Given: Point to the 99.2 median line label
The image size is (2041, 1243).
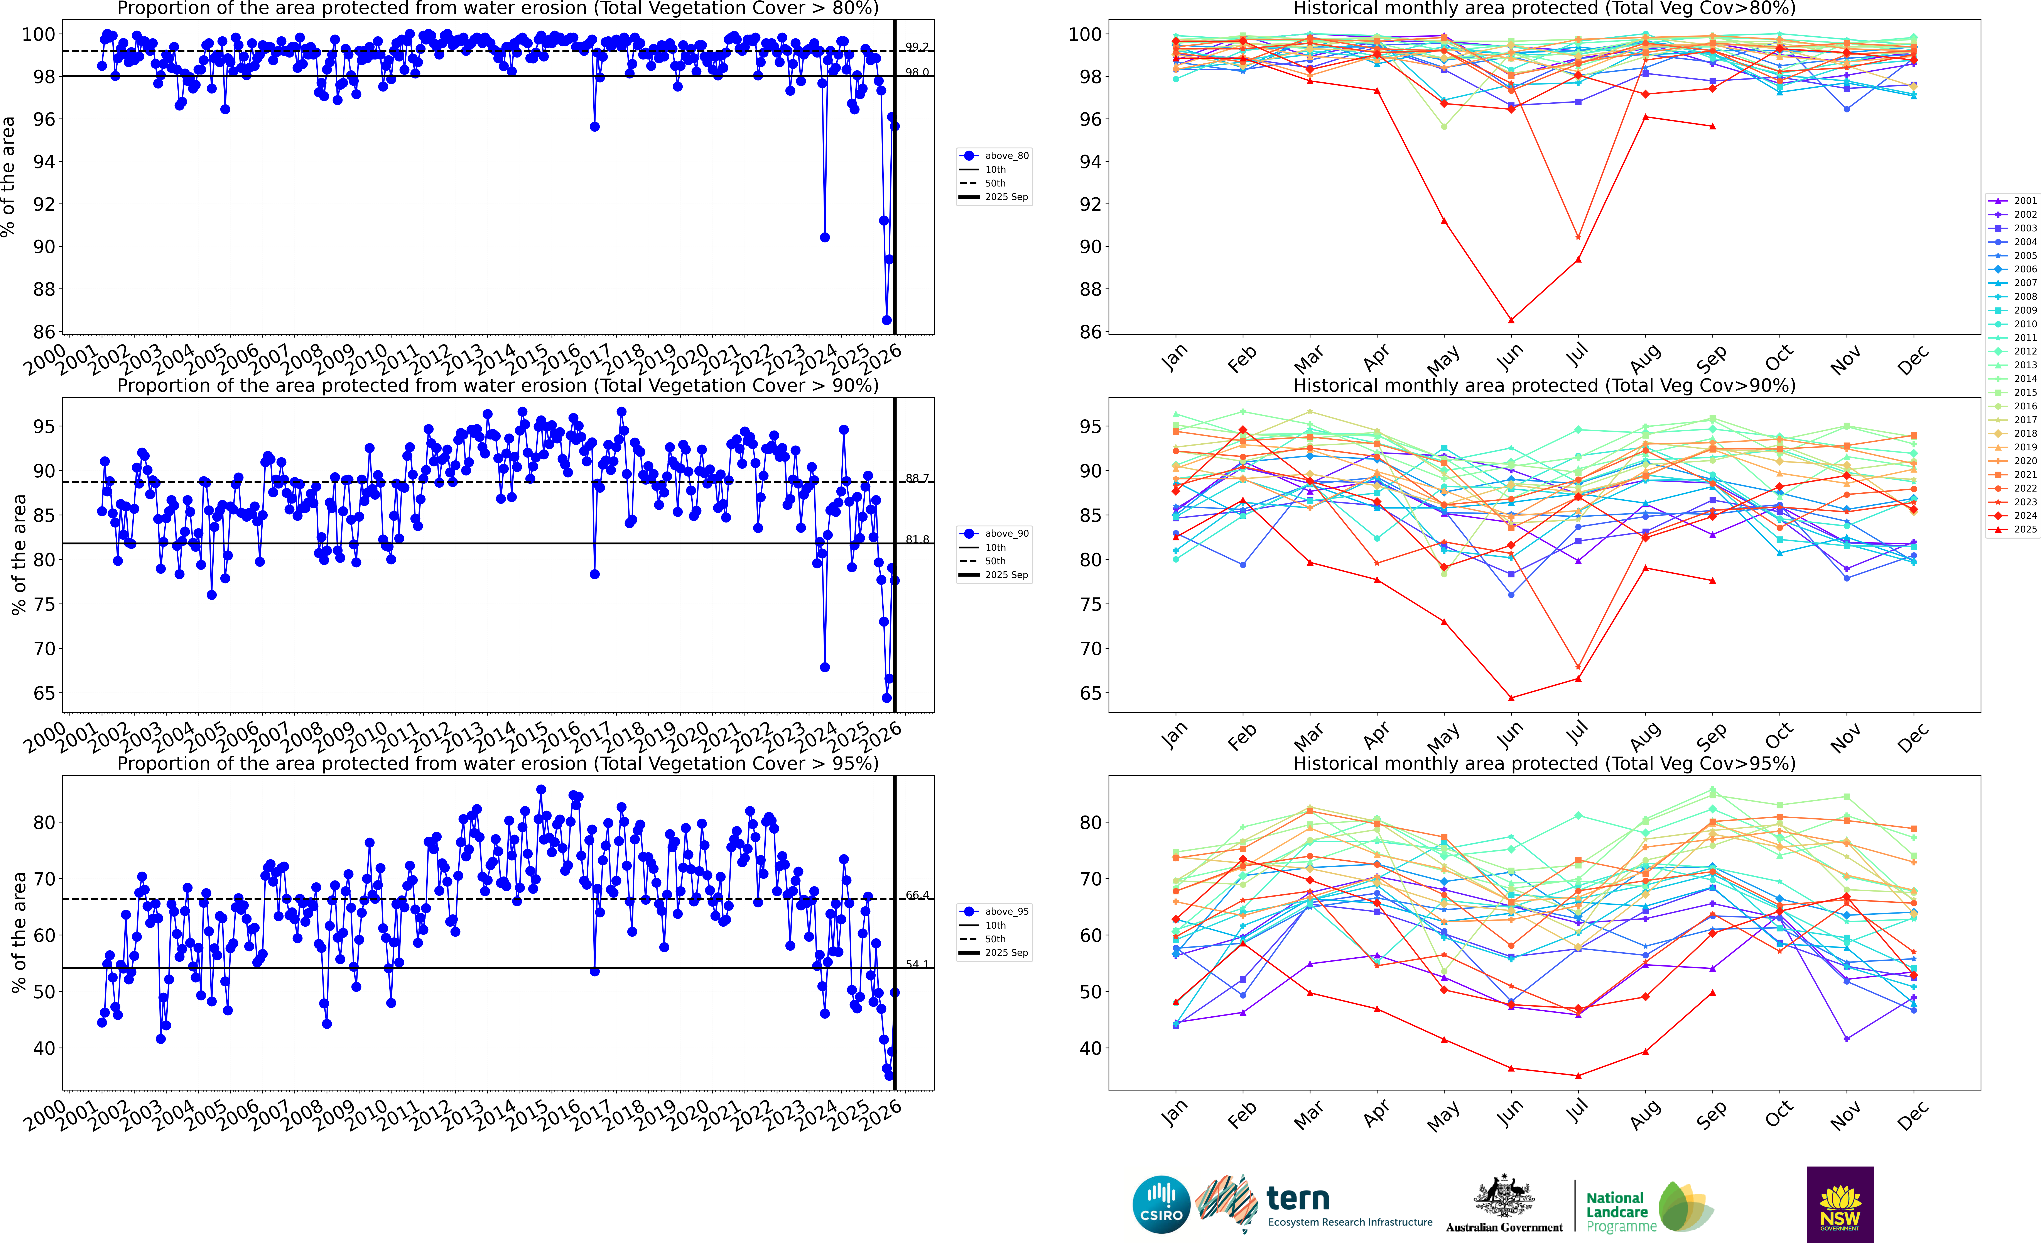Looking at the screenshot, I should pyautogui.click(x=916, y=47).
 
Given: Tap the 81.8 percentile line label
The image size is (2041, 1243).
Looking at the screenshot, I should pyautogui.click(x=916, y=539).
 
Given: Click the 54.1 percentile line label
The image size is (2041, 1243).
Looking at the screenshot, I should pyautogui.click(x=916, y=965).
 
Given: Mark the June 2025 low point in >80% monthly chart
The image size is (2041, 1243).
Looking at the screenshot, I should pyautogui.click(x=1511, y=320).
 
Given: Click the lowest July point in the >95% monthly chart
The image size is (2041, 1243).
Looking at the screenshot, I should pyautogui.click(x=1578, y=1076).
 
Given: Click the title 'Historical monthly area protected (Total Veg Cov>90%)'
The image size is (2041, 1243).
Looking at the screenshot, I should pyautogui.click(x=1544, y=386).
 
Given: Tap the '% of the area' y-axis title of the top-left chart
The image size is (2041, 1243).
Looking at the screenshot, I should pyautogui.click(x=9, y=176).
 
